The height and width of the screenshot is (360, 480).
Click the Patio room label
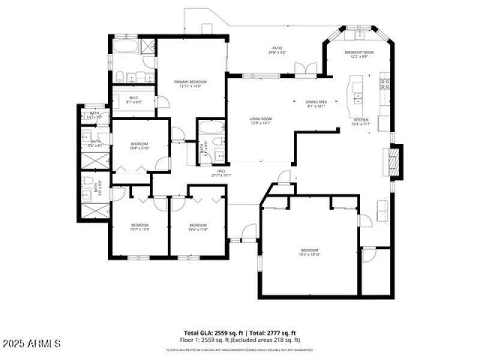(277, 50)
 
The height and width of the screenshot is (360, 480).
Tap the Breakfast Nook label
(359, 54)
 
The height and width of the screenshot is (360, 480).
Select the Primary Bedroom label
(190, 83)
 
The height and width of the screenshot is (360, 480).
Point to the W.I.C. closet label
(133, 100)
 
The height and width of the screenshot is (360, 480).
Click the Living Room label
(261, 121)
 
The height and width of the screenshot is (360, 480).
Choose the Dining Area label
(316, 104)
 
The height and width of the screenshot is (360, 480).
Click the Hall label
(220, 174)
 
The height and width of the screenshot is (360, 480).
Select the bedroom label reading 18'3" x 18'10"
(309, 252)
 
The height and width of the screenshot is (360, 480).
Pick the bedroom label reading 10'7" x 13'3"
(140, 227)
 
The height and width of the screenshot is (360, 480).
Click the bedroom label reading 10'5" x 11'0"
(198, 227)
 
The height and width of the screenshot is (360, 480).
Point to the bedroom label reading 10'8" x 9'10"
(140, 146)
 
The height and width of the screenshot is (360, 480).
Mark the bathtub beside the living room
(211, 127)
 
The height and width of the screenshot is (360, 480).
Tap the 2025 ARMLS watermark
(31, 344)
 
